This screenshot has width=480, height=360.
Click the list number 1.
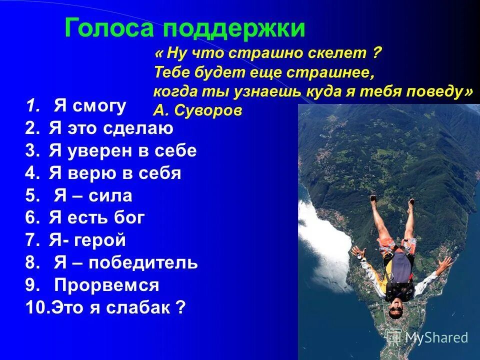(32, 106)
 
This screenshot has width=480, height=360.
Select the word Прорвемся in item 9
(106, 285)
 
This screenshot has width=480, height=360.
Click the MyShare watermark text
(435, 338)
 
